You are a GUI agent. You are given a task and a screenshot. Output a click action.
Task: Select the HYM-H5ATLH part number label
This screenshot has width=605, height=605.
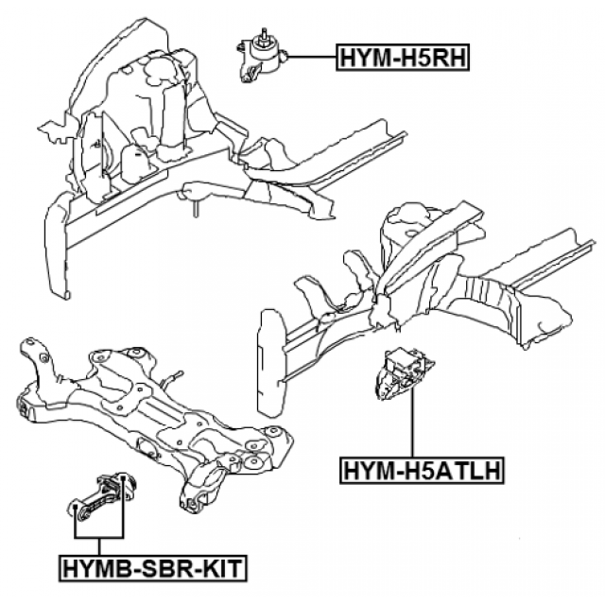click(421, 468)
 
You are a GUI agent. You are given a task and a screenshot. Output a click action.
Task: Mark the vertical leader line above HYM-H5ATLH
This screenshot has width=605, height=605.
click(412, 425)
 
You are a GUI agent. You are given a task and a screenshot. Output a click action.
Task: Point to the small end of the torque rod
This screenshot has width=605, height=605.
click(78, 510)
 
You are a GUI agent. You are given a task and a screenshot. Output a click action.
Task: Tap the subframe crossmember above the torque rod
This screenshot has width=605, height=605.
click(170, 416)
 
